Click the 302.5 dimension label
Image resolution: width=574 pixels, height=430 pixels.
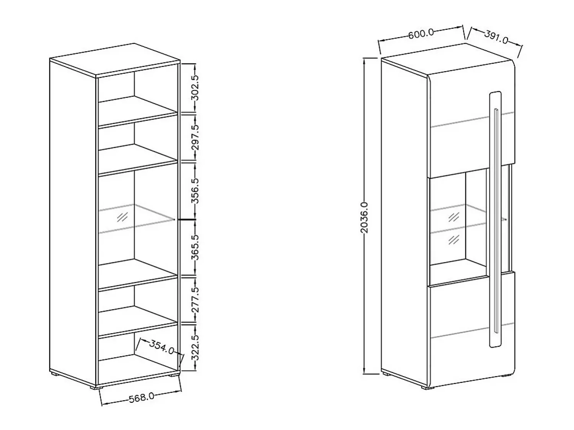pos(195,88)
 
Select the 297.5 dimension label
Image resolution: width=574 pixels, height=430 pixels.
pos(195,137)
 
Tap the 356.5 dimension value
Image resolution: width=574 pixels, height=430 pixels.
pos(195,191)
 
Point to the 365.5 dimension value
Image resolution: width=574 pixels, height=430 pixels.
pos(195,248)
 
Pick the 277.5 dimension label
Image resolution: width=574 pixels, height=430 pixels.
pos(195,300)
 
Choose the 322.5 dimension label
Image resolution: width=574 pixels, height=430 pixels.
pos(195,347)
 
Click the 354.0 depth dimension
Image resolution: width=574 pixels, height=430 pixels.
pos(161,347)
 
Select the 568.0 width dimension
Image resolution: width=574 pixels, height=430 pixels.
pos(142,397)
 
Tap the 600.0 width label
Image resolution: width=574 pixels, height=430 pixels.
pos(421,34)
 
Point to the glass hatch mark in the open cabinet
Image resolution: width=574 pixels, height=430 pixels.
pos(122,217)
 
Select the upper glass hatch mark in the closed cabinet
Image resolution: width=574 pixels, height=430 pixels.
pos(454,217)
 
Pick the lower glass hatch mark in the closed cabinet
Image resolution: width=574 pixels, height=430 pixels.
pos(454,240)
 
